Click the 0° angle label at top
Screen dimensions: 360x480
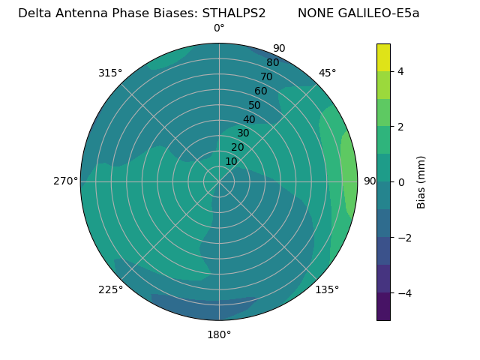tap(219, 28)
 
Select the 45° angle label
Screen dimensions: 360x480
tap(327, 73)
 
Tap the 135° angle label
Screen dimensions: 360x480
tap(327, 289)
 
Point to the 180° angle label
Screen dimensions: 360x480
tap(219, 334)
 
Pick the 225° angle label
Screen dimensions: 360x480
tap(110, 289)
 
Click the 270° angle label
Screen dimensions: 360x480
tap(65, 181)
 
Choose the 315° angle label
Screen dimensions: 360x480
tap(110, 73)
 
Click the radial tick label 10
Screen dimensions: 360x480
tap(231, 161)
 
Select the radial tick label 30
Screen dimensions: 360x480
tap(243, 133)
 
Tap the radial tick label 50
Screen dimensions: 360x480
tap(255, 105)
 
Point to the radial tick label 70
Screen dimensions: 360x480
tap(266, 76)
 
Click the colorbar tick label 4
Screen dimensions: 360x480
tap(401, 71)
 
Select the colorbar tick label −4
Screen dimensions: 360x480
tap(404, 292)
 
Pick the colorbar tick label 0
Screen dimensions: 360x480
tap(401, 181)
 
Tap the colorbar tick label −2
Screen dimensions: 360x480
tap(404, 237)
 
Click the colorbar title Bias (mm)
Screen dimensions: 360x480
tap(421, 181)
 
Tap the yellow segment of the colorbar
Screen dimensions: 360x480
tap(383, 57)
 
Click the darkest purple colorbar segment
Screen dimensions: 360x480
tap(383, 307)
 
